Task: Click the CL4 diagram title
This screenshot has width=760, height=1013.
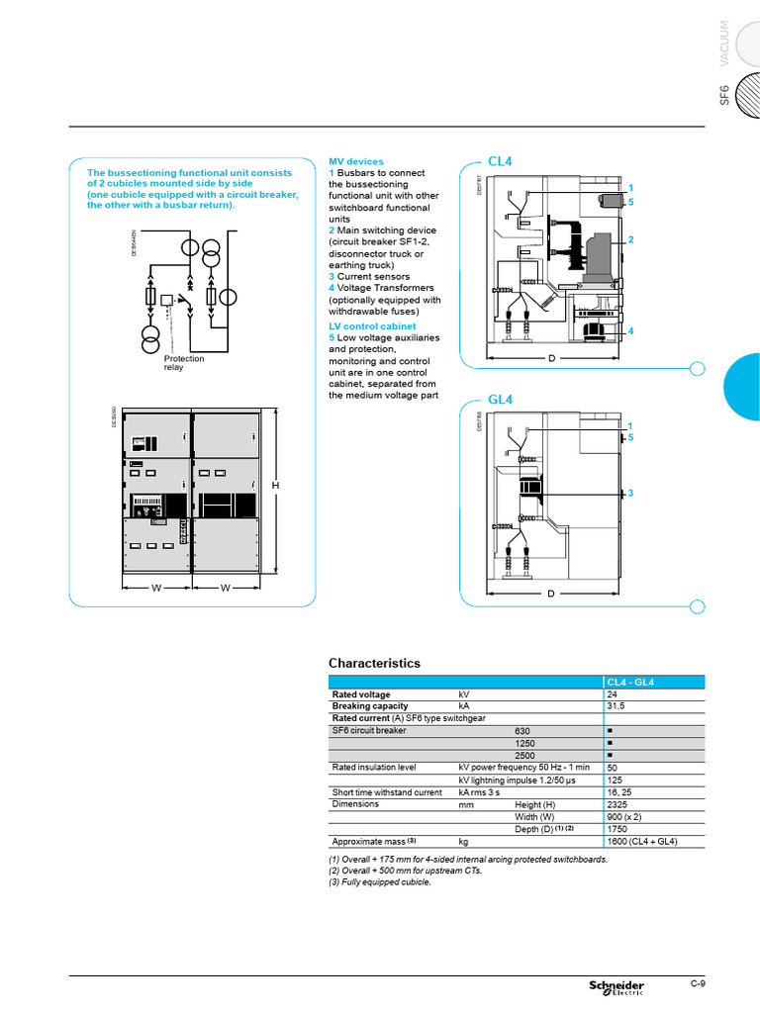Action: [500, 161]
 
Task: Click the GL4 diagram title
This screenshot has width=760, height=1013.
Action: [500, 400]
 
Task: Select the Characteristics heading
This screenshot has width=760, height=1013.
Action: [374, 663]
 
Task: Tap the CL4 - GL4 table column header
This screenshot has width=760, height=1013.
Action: [629, 682]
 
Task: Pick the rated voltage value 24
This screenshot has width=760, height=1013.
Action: [612, 694]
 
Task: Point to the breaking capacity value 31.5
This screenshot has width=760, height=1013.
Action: [616, 706]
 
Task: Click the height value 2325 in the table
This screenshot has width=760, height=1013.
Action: [617, 805]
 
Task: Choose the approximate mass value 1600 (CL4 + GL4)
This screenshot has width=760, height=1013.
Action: [641, 841]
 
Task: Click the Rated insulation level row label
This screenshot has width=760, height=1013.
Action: [373, 768]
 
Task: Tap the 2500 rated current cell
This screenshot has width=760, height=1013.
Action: [524, 755]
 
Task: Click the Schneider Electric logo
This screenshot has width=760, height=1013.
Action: [617, 986]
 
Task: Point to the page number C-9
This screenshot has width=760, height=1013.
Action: [698, 983]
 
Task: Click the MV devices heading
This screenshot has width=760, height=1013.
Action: [355, 161]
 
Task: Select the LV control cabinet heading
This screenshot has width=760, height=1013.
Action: [372, 325]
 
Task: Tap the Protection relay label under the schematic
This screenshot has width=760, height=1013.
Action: [183, 363]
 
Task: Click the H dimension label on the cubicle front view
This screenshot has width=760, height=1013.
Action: [276, 486]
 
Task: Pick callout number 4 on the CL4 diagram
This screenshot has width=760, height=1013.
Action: [630, 330]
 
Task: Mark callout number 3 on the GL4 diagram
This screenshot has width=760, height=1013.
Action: [630, 493]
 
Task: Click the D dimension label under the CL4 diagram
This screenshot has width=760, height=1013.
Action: [551, 357]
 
